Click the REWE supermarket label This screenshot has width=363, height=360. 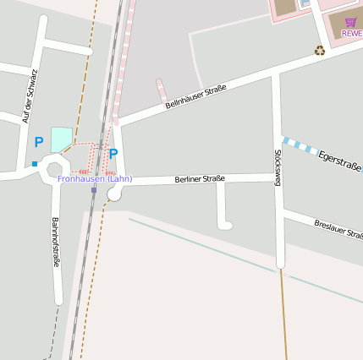coord(352,34)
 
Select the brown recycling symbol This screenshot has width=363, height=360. coord(320,51)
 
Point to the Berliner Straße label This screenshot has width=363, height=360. coord(200,179)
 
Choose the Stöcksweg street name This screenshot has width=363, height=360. coord(278,167)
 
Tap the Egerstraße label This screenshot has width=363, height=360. coord(340,161)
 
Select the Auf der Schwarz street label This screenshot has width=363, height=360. coord(30,95)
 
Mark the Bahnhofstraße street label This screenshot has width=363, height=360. coord(56,243)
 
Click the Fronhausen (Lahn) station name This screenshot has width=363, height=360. coord(95,178)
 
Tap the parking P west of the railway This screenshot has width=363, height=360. coord(38,143)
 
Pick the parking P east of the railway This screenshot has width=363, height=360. coord(113,154)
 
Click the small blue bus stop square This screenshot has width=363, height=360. coord(35,164)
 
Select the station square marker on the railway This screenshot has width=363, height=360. coord(94,189)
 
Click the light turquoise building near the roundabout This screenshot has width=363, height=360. coord(61,139)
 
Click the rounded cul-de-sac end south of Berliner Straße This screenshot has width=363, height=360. coord(224,225)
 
